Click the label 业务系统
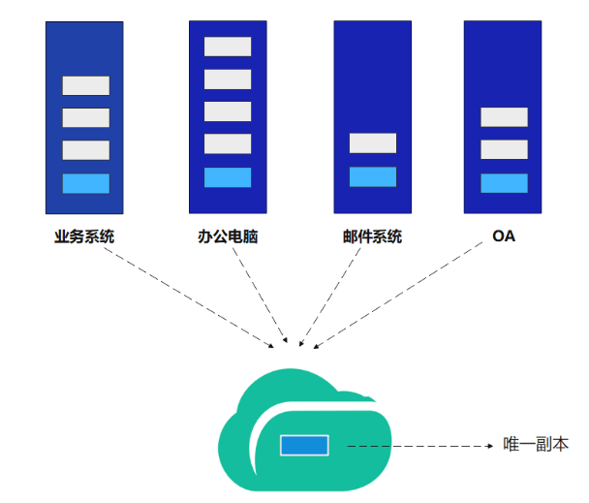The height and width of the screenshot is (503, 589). pyautogui.click(x=85, y=236)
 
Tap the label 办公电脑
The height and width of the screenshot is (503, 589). pyautogui.click(x=229, y=236)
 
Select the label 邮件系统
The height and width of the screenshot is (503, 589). pyautogui.click(x=372, y=236)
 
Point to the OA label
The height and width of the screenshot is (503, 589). pyautogui.click(x=504, y=236)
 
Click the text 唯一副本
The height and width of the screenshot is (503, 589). pyautogui.click(x=536, y=445)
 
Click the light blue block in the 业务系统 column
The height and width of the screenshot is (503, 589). pyautogui.click(x=86, y=183)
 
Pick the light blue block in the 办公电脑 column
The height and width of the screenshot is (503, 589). pyautogui.click(x=228, y=177)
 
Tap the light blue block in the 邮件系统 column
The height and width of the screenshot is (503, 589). pyautogui.click(x=373, y=176)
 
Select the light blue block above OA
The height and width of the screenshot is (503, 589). pyautogui.click(x=504, y=183)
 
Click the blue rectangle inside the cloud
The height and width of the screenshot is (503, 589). pyautogui.click(x=304, y=446)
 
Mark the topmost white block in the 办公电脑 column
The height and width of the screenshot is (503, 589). pyautogui.click(x=228, y=47)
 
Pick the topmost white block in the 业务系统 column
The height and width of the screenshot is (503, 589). pyautogui.click(x=86, y=85)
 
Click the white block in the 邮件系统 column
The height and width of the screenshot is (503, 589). pyautogui.click(x=373, y=143)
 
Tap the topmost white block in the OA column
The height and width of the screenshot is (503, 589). pyautogui.click(x=504, y=117)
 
